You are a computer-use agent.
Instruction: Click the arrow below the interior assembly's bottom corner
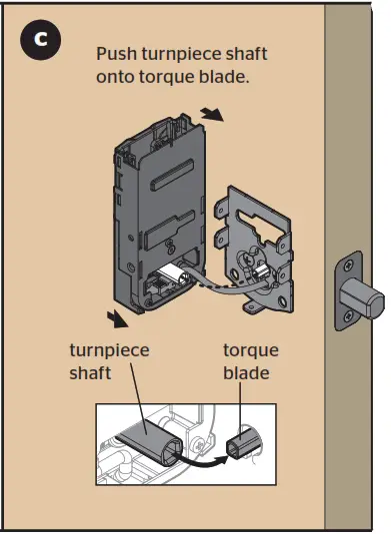119,320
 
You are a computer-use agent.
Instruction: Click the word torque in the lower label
249,351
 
